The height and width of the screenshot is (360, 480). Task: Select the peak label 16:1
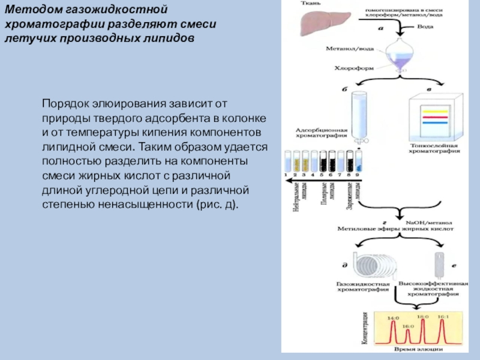tap(443, 316)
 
